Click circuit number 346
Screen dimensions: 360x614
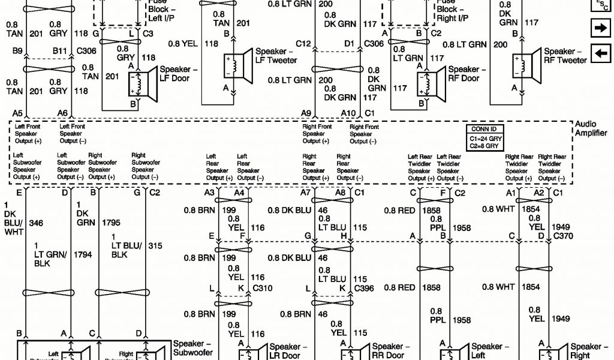tap(37, 223)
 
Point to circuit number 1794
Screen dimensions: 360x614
tap(83, 255)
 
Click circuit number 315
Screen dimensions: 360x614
tap(156, 246)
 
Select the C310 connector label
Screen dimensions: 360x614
tap(263, 288)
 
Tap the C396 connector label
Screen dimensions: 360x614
tap(365, 288)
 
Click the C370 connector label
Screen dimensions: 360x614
tap(562, 237)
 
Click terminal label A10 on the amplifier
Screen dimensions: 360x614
tap(348, 113)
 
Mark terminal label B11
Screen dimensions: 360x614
tap(59, 52)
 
